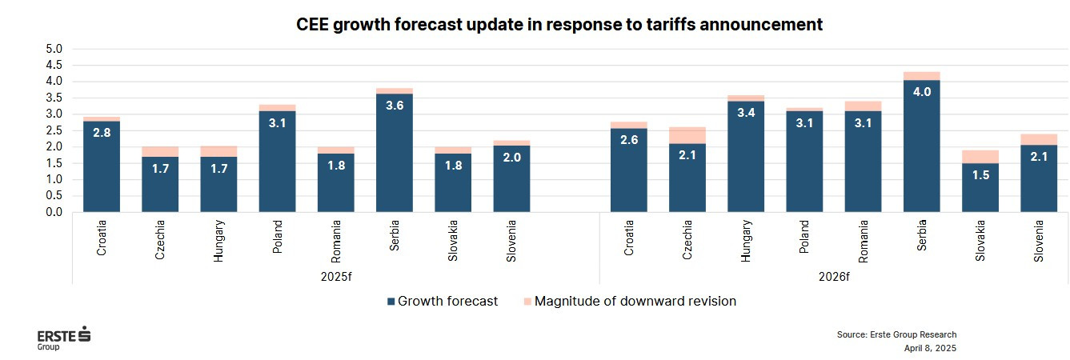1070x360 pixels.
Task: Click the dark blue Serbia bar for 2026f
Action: click(x=921, y=152)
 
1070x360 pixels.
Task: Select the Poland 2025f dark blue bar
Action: click(x=277, y=168)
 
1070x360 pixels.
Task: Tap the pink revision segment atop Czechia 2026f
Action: click(x=687, y=135)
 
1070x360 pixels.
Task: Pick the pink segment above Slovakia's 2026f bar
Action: click(x=980, y=157)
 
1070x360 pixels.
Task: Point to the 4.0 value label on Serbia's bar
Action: click(x=921, y=92)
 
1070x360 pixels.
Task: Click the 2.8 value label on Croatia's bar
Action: click(x=101, y=132)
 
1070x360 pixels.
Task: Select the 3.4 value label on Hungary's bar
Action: click(x=746, y=113)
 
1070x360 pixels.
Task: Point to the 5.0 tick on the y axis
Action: click(x=54, y=49)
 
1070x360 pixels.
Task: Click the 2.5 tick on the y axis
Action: click(x=54, y=130)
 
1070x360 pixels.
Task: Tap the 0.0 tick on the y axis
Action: click(x=54, y=212)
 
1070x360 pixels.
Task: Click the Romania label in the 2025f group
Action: click(x=336, y=242)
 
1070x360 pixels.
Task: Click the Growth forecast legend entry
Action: click(x=442, y=302)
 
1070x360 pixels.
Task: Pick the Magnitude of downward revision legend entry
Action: click(x=629, y=302)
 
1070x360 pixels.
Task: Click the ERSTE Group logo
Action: click(x=64, y=338)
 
